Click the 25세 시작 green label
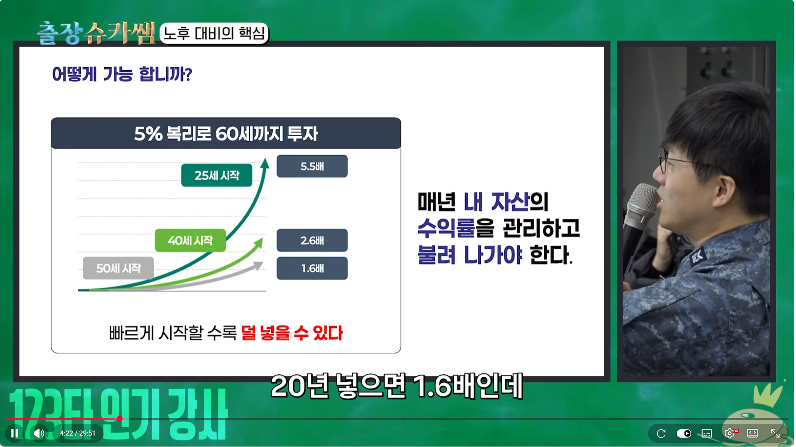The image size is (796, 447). tap(217, 175)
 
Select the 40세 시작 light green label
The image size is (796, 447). tap(191, 240)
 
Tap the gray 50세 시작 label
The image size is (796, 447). tap(118, 268)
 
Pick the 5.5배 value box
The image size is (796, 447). tap(312, 166)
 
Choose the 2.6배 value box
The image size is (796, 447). tap(312, 240)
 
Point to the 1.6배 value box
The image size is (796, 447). tap(312, 268)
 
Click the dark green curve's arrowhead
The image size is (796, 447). tap(265, 163)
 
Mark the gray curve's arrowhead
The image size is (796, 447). tap(258, 266)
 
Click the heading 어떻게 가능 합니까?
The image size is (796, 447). tap(122, 74)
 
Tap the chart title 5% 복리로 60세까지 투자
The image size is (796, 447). tap(226, 134)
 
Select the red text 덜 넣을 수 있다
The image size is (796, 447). tap(292, 333)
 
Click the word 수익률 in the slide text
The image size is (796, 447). tap(447, 228)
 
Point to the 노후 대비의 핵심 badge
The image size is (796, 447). tap(214, 33)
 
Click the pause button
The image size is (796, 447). tap(14, 433)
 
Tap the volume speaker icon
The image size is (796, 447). tap(39, 433)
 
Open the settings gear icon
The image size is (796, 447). tap(730, 433)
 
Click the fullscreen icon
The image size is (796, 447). tap(775, 433)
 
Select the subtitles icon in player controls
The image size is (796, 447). tap(707, 433)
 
